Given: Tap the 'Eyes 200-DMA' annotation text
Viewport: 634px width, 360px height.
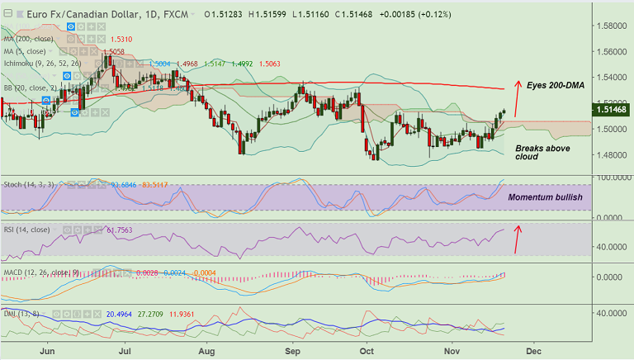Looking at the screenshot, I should [556, 85].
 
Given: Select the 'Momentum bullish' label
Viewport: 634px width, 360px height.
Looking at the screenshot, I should [545, 198].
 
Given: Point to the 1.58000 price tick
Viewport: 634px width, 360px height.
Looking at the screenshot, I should [612, 26].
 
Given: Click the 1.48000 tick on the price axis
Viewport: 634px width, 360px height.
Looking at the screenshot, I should [612, 154].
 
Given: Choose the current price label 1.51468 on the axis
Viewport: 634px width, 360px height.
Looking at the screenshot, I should [613, 109].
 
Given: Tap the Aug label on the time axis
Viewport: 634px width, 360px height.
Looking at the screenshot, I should [206, 351].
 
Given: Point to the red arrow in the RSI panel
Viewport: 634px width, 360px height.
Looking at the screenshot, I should [518, 239].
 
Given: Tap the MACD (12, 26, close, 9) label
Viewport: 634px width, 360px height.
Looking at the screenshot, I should [40, 272].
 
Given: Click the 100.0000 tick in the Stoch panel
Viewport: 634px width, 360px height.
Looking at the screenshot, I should [612, 178].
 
